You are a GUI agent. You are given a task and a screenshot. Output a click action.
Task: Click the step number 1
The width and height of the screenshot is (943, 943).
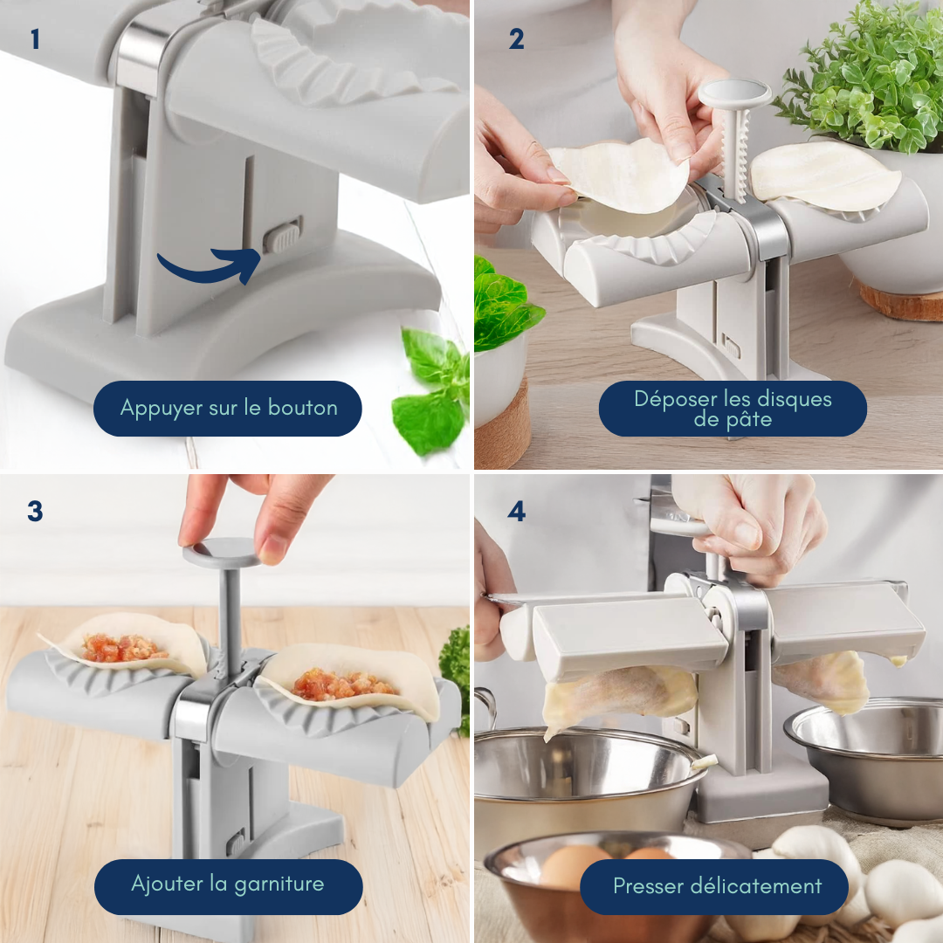35,39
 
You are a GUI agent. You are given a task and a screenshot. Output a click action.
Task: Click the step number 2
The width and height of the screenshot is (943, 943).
516,39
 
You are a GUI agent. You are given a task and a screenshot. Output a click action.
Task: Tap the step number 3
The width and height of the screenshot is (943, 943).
35,511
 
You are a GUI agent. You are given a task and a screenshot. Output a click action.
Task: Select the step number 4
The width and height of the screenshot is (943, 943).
517,511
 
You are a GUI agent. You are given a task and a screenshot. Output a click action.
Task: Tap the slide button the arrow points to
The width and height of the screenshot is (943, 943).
281,237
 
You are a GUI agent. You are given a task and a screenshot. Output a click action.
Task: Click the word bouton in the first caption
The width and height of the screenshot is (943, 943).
302,408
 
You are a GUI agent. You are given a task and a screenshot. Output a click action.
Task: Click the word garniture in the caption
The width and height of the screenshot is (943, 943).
279,884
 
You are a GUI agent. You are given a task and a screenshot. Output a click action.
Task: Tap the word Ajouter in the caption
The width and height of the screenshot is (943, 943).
167,884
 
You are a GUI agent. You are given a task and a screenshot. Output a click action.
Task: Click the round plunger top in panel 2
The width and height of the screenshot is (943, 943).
734,92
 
